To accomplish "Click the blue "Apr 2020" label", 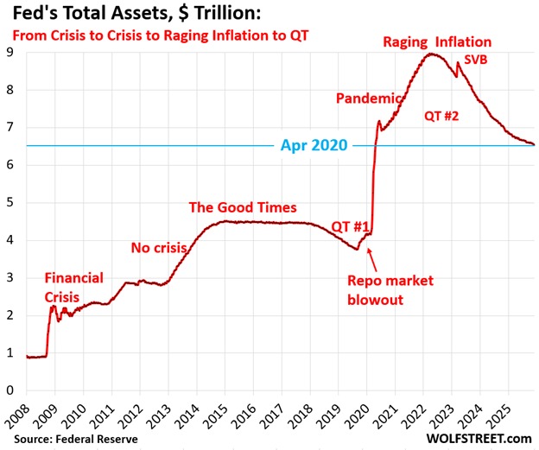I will pos(314,146).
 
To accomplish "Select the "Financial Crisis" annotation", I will pos(73,286).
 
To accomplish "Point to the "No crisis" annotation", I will pos(159,248).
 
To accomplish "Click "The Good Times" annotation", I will pos(243,208).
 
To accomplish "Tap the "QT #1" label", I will pos(352,226).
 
